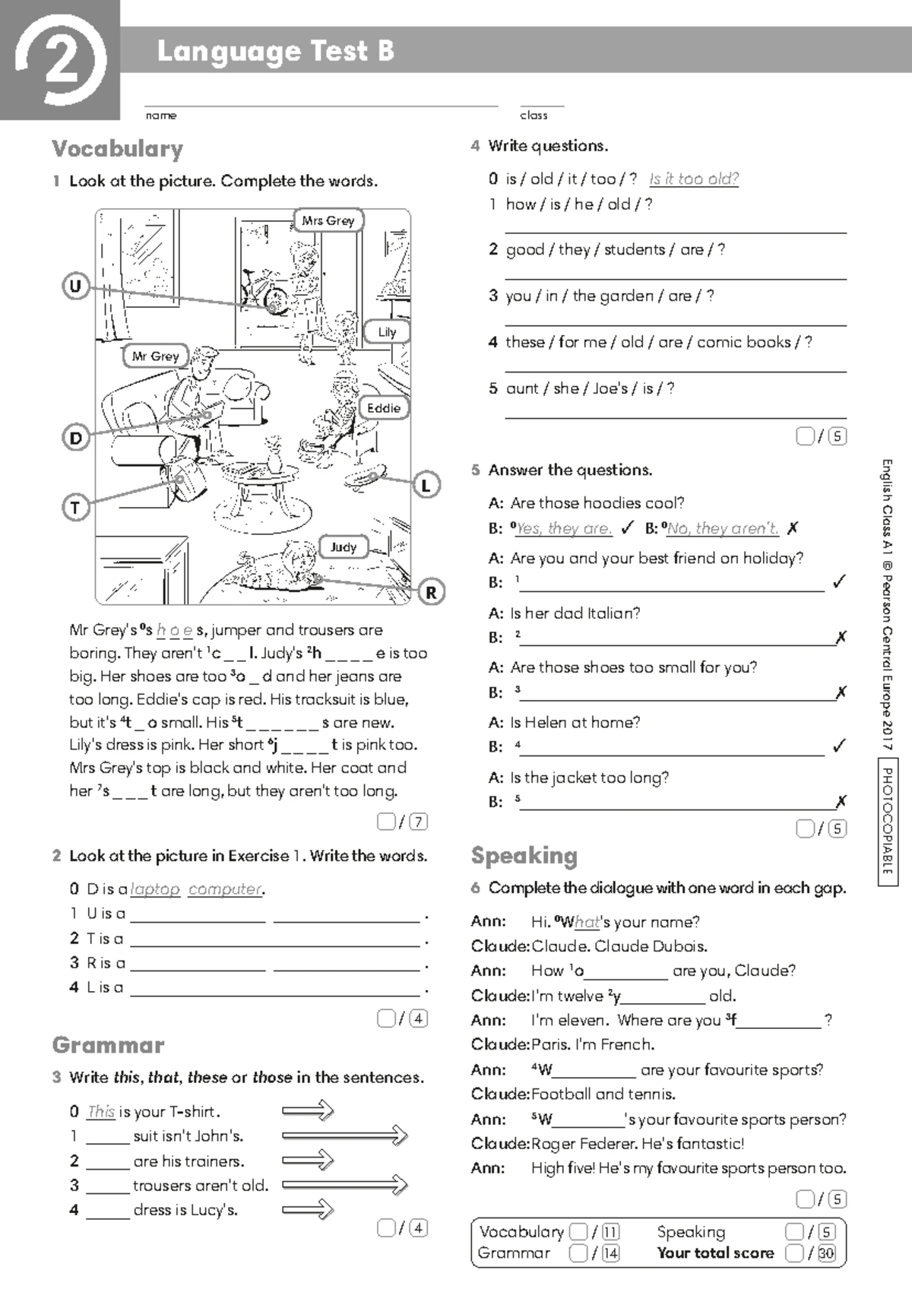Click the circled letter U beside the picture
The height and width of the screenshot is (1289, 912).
tap(75, 287)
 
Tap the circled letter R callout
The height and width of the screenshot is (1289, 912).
tap(431, 592)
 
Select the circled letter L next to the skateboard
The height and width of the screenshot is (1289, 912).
tap(426, 485)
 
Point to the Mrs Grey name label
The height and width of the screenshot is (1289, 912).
tap(328, 220)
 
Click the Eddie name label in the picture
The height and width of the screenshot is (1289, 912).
tap(383, 408)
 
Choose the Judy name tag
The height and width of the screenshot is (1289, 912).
tap(344, 546)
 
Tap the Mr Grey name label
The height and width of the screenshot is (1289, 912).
tap(156, 356)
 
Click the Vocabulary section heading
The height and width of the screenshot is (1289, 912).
tap(118, 149)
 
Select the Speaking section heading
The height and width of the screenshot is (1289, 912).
tap(524, 856)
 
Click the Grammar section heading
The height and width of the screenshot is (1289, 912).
tap(109, 1045)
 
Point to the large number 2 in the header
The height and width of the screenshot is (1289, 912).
tap(60, 61)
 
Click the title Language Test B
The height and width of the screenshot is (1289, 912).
tap(275, 51)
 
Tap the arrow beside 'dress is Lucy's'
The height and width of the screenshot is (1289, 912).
tap(308, 1209)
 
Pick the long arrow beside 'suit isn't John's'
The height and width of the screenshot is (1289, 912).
tap(344, 1135)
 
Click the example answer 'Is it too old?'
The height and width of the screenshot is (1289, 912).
tap(694, 179)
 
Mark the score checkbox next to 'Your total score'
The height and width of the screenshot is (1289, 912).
tap(794, 1253)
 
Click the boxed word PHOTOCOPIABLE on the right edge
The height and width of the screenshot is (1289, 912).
tap(887, 821)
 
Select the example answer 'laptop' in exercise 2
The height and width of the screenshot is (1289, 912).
tap(155, 888)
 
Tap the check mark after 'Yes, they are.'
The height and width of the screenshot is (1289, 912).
tap(628, 527)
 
